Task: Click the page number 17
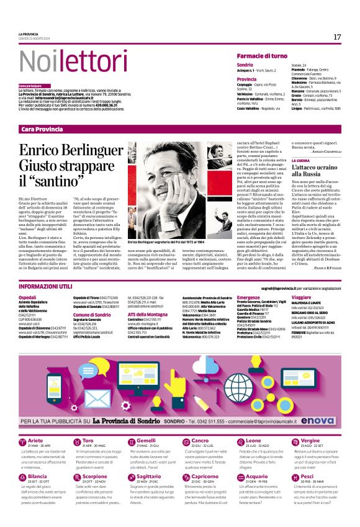pyautogui.click(x=337, y=37)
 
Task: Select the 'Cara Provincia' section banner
pyautogui.click(x=42, y=128)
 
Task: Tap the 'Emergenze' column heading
pyautogui.click(x=249, y=297)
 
